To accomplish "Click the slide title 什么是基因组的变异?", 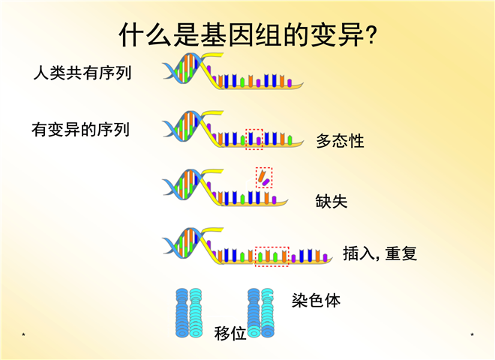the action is [x=248, y=34].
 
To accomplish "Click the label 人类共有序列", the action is [x=82, y=73].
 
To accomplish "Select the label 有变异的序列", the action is [x=81, y=130].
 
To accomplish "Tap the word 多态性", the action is [x=340, y=141].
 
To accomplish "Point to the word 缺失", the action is [x=331, y=201].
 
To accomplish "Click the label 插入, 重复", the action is [x=379, y=253].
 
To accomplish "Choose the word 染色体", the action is [x=316, y=300].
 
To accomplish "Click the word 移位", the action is [x=229, y=333].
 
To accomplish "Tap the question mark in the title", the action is [x=372, y=34].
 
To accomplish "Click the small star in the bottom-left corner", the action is [x=23, y=334].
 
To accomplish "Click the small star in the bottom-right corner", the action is [x=472, y=334].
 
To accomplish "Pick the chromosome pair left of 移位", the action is [x=189, y=313].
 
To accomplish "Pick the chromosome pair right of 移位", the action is [x=261, y=313].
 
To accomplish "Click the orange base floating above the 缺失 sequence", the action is [x=262, y=176].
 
